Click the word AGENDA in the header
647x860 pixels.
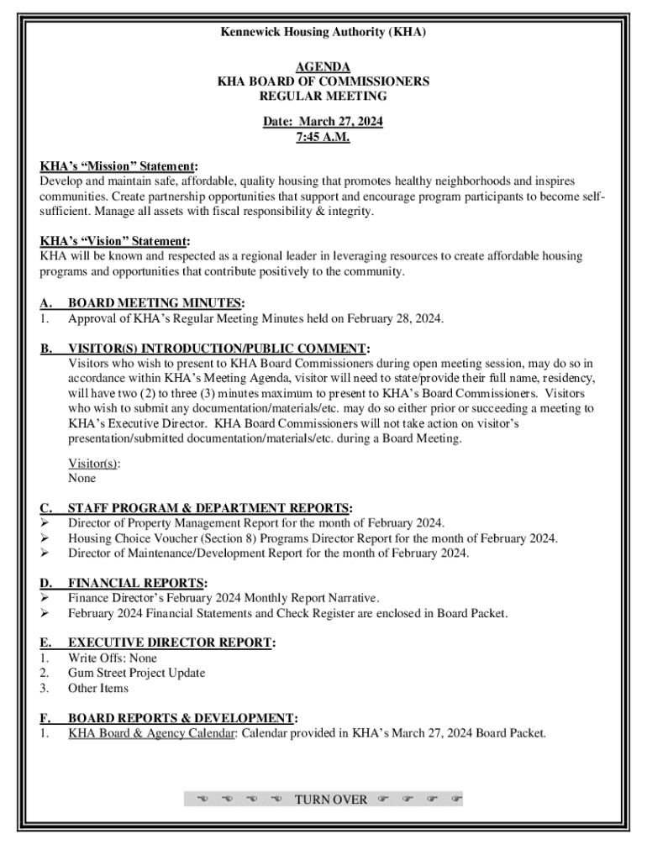tap(323, 67)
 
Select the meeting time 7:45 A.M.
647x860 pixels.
tap(323, 137)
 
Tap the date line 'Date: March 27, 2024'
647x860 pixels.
tap(323, 122)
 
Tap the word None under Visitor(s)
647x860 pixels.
tap(82, 478)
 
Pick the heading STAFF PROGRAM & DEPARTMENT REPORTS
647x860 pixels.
tap(209, 508)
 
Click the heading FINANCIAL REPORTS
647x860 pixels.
tap(137, 583)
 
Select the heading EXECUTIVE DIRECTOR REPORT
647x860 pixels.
tap(171, 643)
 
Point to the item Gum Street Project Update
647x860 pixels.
tap(136, 674)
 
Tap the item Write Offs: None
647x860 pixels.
tap(113, 658)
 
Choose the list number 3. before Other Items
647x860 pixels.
tap(45, 689)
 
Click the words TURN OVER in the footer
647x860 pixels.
tap(331, 799)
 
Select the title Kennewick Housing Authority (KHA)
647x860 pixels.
tap(323, 33)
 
